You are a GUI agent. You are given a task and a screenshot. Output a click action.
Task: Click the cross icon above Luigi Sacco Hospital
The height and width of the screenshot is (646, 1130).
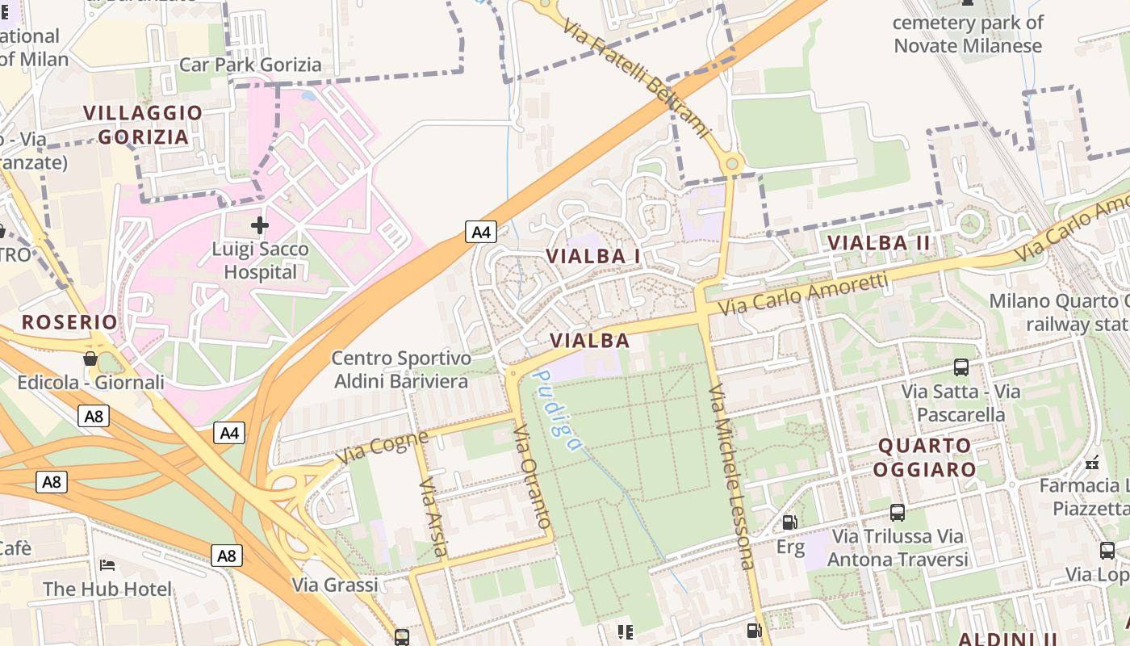pyautogui.click(x=259, y=224)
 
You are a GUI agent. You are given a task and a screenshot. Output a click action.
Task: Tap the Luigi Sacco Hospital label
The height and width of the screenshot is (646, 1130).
pyautogui.click(x=260, y=260)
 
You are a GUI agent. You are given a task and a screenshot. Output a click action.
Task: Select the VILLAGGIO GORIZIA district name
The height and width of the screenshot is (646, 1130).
pyautogui.click(x=144, y=124)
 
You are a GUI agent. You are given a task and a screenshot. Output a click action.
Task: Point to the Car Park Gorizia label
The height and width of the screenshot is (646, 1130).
pyautogui.click(x=250, y=65)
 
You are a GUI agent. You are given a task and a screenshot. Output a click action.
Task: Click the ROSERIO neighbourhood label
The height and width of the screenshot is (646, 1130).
pyautogui.click(x=69, y=322)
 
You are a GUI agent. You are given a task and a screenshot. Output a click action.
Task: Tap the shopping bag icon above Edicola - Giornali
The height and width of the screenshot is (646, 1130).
pyautogui.click(x=90, y=358)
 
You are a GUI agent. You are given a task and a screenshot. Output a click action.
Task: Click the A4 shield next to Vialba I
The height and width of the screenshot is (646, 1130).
pyautogui.click(x=480, y=233)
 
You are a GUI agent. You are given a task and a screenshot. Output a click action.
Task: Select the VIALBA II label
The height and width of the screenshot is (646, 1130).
pyautogui.click(x=879, y=242)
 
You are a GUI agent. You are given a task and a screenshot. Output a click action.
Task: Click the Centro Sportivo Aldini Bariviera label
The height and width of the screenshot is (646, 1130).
pyautogui.click(x=401, y=370)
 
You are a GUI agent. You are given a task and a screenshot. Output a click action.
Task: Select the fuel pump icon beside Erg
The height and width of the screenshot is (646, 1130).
pyautogui.click(x=790, y=522)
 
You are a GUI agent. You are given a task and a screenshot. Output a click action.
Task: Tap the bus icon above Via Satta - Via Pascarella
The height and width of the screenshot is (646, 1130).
pyautogui.click(x=961, y=367)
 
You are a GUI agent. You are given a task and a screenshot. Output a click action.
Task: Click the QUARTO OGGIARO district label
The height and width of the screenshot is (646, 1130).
pyautogui.click(x=926, y=457)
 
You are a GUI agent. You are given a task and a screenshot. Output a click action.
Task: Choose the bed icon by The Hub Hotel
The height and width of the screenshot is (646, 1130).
pyautogui.click(x=107, y=564)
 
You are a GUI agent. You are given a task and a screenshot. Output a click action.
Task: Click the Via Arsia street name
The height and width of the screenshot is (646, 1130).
pyautogui.click(x=433, y=517)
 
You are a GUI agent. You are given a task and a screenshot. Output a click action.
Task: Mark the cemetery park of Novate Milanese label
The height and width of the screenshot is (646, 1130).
pyautogui.click(x=968, y=34)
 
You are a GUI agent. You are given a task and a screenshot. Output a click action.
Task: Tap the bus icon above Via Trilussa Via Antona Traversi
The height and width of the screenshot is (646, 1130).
pyautogui.click(x=897, y=512)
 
